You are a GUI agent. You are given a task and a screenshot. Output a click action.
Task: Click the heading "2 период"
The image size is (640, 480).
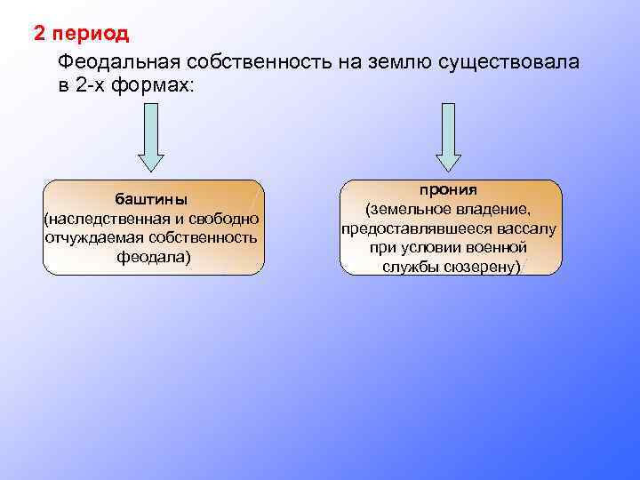(x=81, y=34)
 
